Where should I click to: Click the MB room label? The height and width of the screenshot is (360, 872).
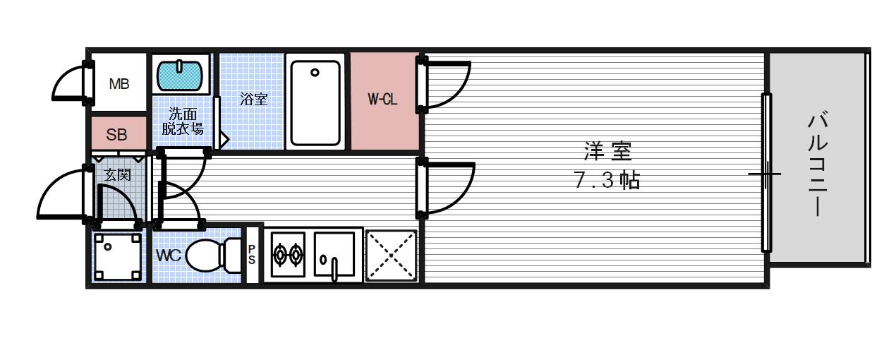tap(119, 84)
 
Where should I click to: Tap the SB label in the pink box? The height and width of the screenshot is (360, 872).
tap(117, 134)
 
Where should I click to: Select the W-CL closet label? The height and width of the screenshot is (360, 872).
tap(382, 100)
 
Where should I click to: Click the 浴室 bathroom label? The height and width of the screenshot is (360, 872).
tap(253, 99)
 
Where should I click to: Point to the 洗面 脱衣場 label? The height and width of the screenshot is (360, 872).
tap(183, 121)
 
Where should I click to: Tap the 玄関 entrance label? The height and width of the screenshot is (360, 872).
tap(118, 174)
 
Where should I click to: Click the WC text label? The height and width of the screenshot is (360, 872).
tap(169, 255)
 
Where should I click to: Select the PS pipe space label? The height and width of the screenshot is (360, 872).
tap(252, 254)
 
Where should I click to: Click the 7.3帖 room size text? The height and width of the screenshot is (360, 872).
tap(607, 181)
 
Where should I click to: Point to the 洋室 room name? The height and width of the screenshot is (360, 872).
tap(607, 151)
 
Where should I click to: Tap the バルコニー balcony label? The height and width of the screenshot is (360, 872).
tap(817, 163)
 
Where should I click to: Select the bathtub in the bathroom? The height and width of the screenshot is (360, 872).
tap(315, 102)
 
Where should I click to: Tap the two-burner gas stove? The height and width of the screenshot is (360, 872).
tap(287, 256)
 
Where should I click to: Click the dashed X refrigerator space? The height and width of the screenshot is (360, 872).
tap(391, 255)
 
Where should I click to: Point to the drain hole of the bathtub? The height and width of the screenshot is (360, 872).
tap(315, 72)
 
